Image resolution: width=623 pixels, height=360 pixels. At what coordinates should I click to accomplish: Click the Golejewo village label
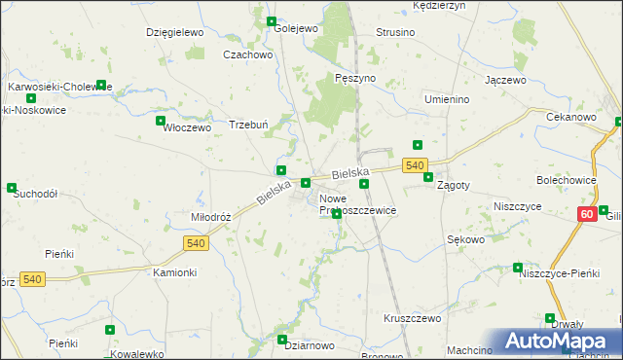point(296,29)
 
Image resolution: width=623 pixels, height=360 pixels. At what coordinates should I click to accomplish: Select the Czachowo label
point(247,55)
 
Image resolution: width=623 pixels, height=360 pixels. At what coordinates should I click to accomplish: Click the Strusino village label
point(395,32)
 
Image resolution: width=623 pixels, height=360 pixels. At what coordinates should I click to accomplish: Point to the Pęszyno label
point(354,77)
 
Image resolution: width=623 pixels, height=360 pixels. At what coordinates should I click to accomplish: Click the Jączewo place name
point(505,79)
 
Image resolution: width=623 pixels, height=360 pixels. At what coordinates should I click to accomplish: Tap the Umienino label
point(448,99)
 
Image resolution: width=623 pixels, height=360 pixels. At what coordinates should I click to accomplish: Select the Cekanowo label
point(571,117)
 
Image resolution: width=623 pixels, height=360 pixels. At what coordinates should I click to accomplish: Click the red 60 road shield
point(586,214)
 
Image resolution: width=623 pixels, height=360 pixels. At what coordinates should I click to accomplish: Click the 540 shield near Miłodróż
point(195,240)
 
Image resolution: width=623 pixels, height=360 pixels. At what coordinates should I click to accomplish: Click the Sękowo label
point(465,238)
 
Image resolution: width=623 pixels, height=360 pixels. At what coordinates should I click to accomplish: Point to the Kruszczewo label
point(413,318)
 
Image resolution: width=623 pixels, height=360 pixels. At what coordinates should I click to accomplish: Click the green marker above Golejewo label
point(271,20)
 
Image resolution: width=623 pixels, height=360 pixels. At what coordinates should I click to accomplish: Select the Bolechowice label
point(566,180)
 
